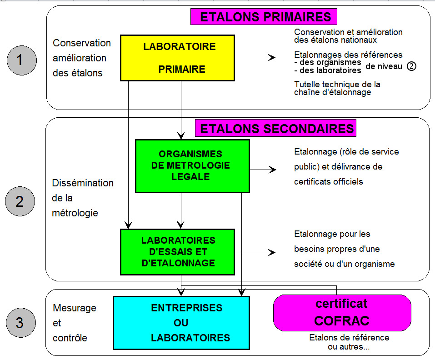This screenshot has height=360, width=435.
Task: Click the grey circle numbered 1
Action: point(22,60)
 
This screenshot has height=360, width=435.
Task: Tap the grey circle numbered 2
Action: point(20,201)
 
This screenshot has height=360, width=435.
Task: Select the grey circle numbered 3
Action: point(20,323)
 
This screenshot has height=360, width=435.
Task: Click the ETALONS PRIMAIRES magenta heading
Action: point(264,17)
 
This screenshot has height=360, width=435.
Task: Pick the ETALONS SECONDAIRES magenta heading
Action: point(276,128)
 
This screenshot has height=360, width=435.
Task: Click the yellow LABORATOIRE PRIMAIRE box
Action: point(178,58)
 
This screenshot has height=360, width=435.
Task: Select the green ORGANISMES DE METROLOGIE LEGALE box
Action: point(193,166)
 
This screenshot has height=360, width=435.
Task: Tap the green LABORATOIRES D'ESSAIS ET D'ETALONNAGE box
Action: point(178,252)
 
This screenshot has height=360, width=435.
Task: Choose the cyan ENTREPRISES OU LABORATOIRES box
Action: point(181,323)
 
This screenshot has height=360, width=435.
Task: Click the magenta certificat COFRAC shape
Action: point(342,313)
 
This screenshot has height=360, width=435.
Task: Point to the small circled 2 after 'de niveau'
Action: point(411,66)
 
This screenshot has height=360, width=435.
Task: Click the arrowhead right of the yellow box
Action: point(272,58)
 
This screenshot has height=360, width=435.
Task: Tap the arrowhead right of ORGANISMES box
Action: point(273,170)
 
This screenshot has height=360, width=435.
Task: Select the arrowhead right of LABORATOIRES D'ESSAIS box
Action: point(272,252)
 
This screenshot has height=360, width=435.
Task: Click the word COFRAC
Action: point(342,321)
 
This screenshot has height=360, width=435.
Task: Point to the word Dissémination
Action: point(83,183)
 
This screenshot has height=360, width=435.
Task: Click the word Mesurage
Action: point(75,308)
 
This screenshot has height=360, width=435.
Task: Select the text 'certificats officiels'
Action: point(329,182)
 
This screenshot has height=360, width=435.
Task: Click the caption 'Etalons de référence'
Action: point(349,338)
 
